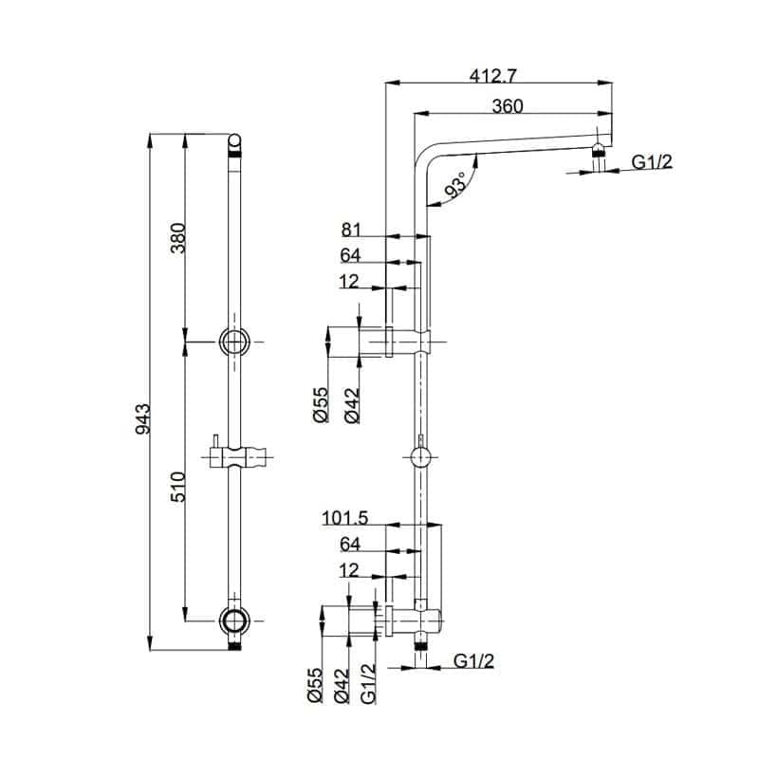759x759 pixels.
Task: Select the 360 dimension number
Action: [x=508, y=106]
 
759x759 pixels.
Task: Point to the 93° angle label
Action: [x=456, y=186]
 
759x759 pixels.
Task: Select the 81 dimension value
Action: [x=352, y=228]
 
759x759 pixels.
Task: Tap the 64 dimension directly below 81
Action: [x=352, y=254]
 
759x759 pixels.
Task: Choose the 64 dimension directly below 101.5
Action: [x=352, y=544]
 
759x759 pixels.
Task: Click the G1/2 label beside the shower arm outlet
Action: [x=653, y=162]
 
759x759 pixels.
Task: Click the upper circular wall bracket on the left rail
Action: [x=234, y=341]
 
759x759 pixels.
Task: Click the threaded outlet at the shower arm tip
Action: [x=599, y=151]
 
